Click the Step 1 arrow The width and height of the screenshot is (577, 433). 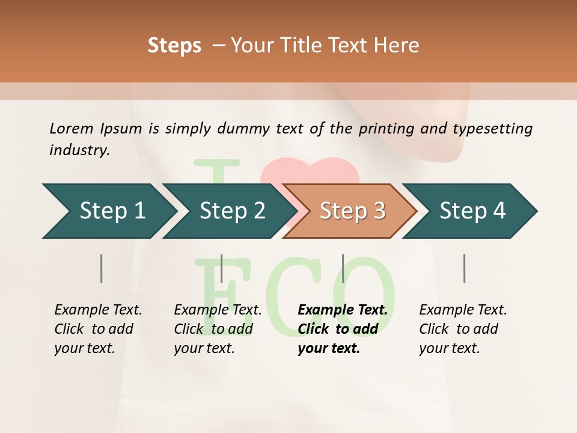pyautogui.click(x=111, y=211)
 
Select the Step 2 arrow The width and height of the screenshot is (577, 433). pyautogui.click(x=231, y=211)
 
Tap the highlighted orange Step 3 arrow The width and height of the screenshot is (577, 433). pyautogui.click(x=352, y=211)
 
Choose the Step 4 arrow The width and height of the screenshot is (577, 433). pyautogui.click(x=472, y=211)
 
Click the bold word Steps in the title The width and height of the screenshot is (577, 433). pyautogui.click(x=174, y=46)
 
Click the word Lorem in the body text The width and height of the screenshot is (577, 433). pyautogui.click(x=72, y=128)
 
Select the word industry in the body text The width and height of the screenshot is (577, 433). pyautogui.click(x=79, y=150)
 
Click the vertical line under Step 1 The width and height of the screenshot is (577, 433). pyautogui.click(x=101, y=268)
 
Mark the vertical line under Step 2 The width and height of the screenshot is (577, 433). pyautogui.click(x=222, y=268)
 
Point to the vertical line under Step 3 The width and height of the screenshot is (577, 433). pyautogui.click(x=343, y=268)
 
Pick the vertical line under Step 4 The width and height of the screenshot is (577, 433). pyautogui.click(x=464, y=268)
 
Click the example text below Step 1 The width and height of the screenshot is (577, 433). pyautogui.click(x=98, y=329)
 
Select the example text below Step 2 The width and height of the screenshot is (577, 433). pyautogui.click(x=218, y=329)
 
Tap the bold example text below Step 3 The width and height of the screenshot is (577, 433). pyautogui.click(x=342, y=329)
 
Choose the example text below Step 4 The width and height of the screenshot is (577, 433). pyautogui.click(x=463, y=329)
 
